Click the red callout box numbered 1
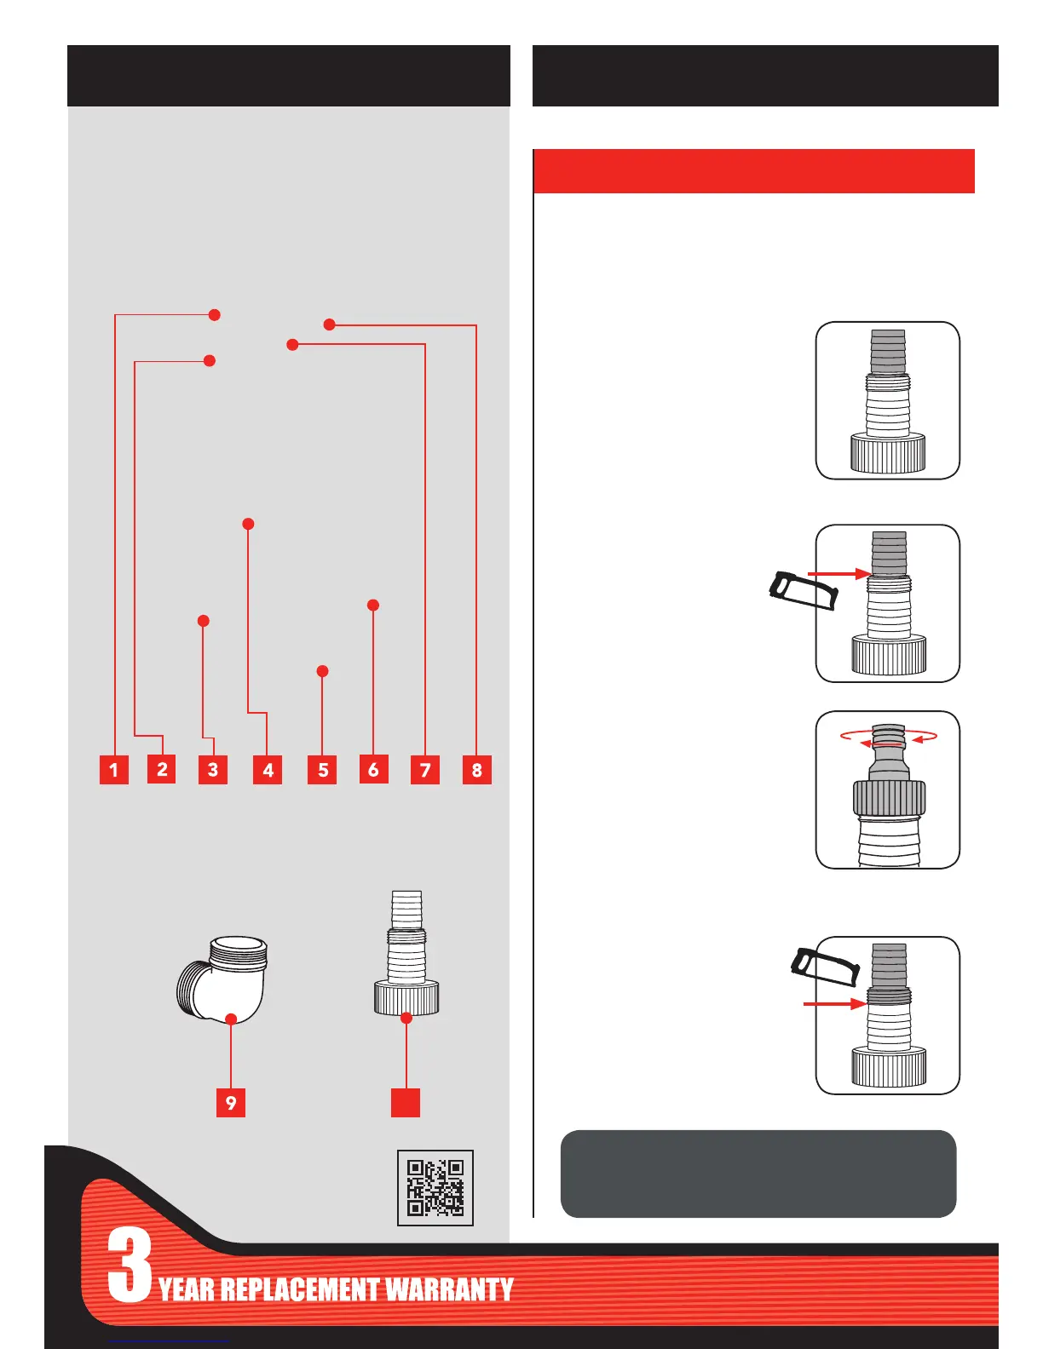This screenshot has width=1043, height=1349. (113, 770)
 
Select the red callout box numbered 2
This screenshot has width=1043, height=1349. (162, 769)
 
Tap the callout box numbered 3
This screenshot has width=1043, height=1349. (213, 770)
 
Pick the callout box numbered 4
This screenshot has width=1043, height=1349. (268, 770)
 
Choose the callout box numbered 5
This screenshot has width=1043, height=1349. (322, 770)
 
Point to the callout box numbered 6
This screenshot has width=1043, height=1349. (373, 769)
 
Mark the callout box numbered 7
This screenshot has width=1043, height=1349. (425, 770)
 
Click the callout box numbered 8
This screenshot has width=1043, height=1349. (476, 770)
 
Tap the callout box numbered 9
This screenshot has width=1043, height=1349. (231, 1103)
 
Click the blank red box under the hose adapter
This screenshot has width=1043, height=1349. (406, 1102)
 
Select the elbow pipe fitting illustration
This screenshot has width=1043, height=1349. (223, 979)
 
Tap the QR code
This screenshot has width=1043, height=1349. (435, 1188)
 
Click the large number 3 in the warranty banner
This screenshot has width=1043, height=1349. (130, 1266)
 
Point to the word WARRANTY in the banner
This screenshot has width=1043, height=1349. (449, 1289)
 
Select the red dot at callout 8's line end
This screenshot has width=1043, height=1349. (330, 324)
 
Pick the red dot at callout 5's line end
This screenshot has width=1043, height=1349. (322, 671)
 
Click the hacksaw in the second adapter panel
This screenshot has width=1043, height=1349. (804, 591)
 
